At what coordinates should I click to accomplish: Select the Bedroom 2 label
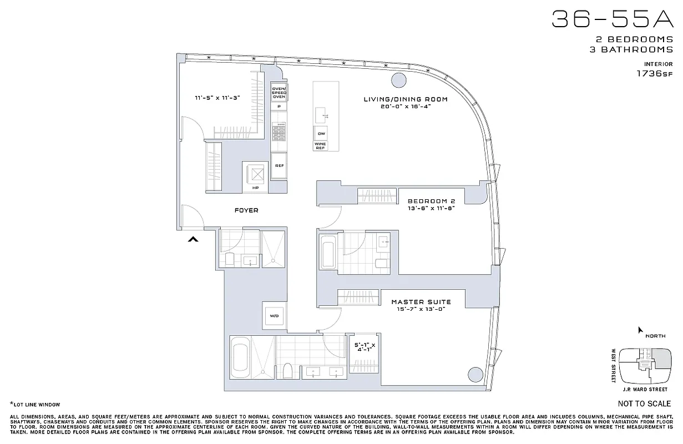point(431,201)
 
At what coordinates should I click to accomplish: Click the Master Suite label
point(421,302)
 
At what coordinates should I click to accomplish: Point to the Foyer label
point(246,210)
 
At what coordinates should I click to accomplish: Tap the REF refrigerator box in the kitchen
point(279,165)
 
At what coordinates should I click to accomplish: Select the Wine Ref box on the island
point(321,145)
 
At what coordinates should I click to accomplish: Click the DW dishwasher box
point(321,134)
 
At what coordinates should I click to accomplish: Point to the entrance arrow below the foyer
point(193,239)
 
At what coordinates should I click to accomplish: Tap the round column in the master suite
point(475,374)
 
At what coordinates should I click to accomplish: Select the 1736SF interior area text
point(655,73)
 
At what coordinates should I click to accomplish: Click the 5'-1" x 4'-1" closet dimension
point(365,348)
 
